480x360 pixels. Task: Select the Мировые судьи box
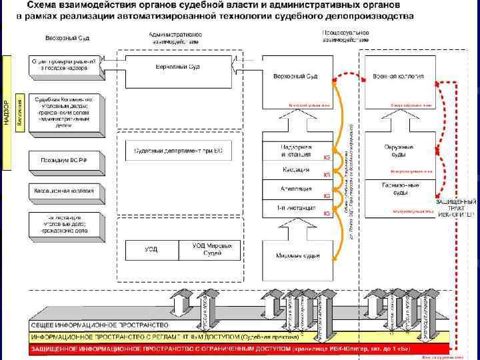pos(296,255)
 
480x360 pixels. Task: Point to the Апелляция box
pos(296,189)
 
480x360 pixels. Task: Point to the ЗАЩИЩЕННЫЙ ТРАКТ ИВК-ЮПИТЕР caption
pos(456,207)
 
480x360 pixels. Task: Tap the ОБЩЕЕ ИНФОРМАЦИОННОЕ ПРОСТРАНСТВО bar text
pos(100,325)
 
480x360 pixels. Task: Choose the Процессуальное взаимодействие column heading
pos(345,35)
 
